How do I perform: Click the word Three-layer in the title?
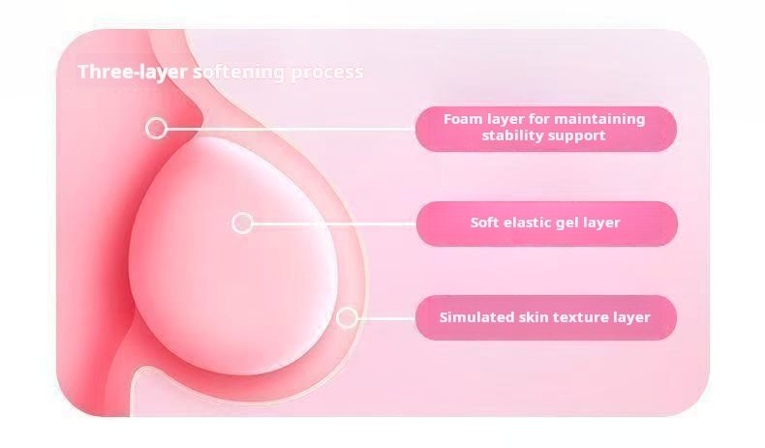(133, 73)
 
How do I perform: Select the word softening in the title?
(239, 73)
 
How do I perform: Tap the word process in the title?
(327, 74)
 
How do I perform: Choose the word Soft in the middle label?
(485, 223)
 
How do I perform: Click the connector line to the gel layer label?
(335, 224)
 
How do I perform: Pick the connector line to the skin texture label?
(386, 318)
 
